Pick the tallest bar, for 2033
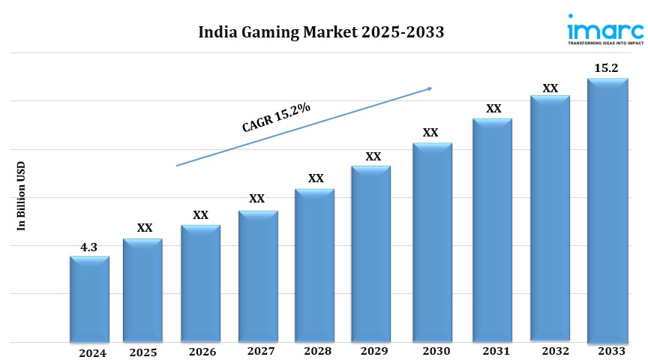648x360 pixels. [607, 210]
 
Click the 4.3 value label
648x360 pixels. [89, 247]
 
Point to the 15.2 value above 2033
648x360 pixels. [606, 68]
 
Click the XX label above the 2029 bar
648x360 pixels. [373, 157]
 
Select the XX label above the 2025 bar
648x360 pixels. [145, 228]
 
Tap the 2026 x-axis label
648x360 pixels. [202, 352]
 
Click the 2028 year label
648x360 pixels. [318, 351]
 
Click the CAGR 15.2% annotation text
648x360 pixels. [276, 118]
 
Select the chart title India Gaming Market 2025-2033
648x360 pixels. [321, 32]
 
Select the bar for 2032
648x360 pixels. [550, 217]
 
